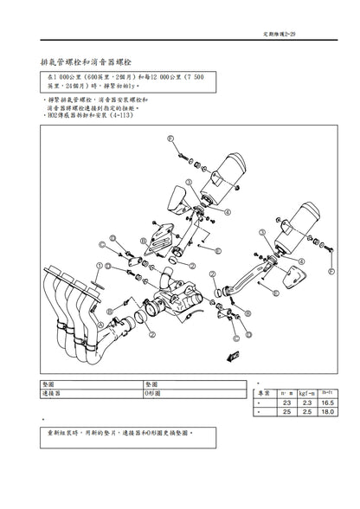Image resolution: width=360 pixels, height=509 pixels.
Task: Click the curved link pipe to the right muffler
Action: click(x=247, y=277)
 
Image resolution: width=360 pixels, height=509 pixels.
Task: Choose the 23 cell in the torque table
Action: click(x=287, y=403)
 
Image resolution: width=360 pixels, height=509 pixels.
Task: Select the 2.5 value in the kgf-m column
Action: click(x=307, y=414)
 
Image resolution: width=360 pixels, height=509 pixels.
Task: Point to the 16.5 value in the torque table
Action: click(x=328, y=403)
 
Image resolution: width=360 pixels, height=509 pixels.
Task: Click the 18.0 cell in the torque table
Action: click(x=328, y=414)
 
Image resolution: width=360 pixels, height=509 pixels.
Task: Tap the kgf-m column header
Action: click(x=307, y=393)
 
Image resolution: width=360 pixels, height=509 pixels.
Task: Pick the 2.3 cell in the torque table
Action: click(x=307, y=403)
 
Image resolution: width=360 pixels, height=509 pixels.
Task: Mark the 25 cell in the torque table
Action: click(x=287, y=414)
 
